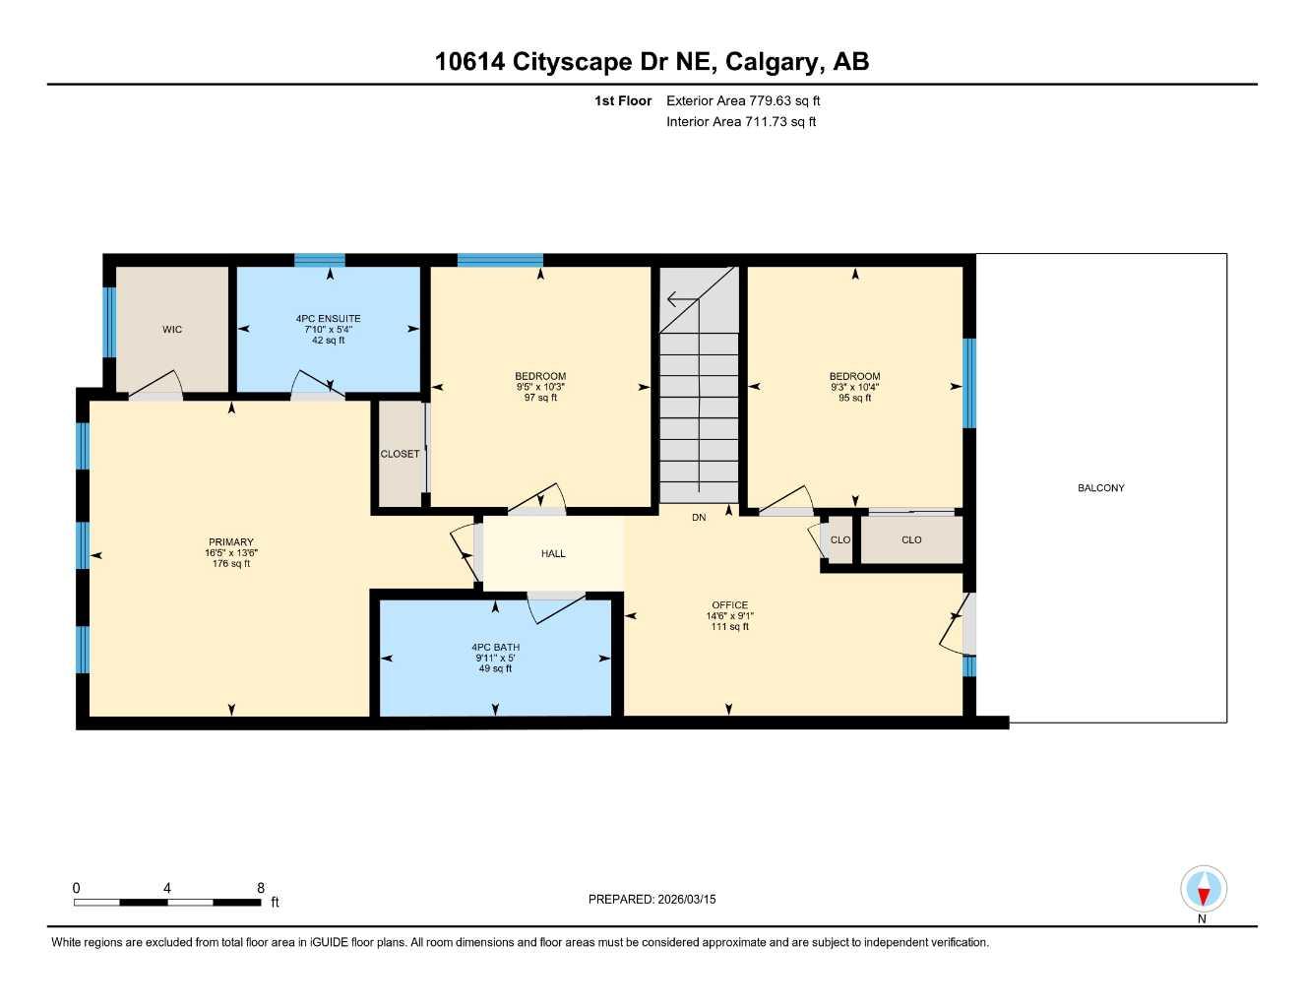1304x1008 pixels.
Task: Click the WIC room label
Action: (172, 330)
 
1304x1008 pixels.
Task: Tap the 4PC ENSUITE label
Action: (328, 319)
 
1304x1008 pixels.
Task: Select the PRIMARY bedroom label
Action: (231, 542)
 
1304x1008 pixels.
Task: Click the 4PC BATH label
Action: (495, 648)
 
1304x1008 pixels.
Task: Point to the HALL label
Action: (553, 554)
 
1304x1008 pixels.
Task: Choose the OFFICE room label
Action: (729, 605)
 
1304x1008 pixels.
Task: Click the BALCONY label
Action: (1100, 488)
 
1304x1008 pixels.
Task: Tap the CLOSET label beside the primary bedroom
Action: (400, 455)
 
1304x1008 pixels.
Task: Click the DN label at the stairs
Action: (699, 518)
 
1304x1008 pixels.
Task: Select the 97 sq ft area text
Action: (540, 399)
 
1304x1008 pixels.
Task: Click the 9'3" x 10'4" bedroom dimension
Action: (854, 388)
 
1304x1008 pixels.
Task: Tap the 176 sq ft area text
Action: (231, 564)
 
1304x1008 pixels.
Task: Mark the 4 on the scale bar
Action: (167, 889)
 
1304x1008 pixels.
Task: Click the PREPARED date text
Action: (652, 900)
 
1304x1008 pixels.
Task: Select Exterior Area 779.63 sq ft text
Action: (743, 100)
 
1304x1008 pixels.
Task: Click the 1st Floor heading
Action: (623, 100)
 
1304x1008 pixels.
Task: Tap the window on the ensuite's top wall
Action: (320, 261)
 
